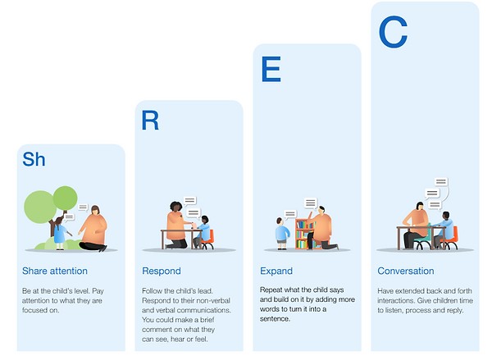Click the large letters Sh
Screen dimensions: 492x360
[x=34, y=159]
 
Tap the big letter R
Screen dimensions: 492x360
[x=150, y=121]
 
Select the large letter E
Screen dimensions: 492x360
[x=271, y=69]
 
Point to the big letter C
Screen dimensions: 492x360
[x=393, y=32]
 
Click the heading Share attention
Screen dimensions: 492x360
[x=55, y=271]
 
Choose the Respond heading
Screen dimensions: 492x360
[x=162, y=271]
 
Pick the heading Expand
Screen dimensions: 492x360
[x=276, y=271]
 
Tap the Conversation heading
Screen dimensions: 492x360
[x=406, y=271]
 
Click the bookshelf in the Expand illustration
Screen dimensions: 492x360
[x=303, y=234]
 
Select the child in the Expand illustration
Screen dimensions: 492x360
[x=282, y=233]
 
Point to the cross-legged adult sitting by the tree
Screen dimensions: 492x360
[x=93, y=229]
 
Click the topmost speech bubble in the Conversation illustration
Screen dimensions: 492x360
[x=441, y=182]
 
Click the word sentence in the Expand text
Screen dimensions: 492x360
[x=275, y=319]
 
